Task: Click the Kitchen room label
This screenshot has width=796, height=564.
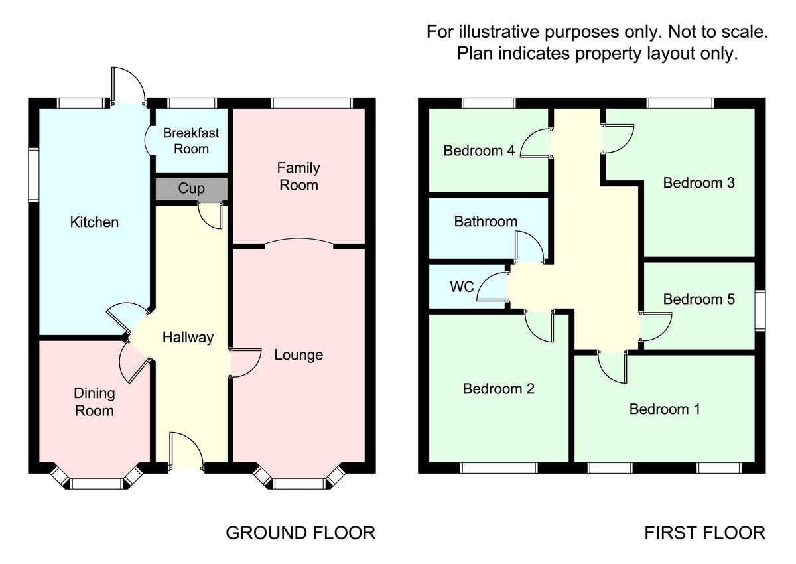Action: (x=94, y=222)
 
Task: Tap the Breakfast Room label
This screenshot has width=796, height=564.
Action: (x=191, y=141)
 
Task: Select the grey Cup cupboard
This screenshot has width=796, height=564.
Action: (x=191, y=189)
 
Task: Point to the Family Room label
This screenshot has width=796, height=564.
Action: (x=298, y=176)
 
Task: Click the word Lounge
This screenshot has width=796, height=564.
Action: (x=298, y=355)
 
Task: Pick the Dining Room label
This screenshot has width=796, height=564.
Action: (x=94, y=402)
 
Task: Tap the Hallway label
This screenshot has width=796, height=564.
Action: (x=188, y=337)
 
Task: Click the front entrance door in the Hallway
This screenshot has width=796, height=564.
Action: (x=186, y=453)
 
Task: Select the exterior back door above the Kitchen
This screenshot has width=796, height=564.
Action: (x=129, y=86)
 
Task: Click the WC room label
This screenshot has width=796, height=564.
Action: (x=462, y=287)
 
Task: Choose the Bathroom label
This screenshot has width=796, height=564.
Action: (x=486, y=222)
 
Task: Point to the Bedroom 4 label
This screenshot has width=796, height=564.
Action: (x=479, y=151)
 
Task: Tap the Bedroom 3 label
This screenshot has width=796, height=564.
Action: (x=699, y=182)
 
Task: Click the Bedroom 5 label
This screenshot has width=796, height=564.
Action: (x=699, y=299)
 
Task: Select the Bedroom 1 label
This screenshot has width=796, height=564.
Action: (x=665, y=409)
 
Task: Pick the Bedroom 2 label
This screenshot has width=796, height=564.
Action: (x=499, y=389)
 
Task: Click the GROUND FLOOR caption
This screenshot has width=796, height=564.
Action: (x=300, y=533)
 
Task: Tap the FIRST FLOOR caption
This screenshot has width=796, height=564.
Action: (x=705, y=533)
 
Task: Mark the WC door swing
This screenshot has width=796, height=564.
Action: (x=491, y=288)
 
